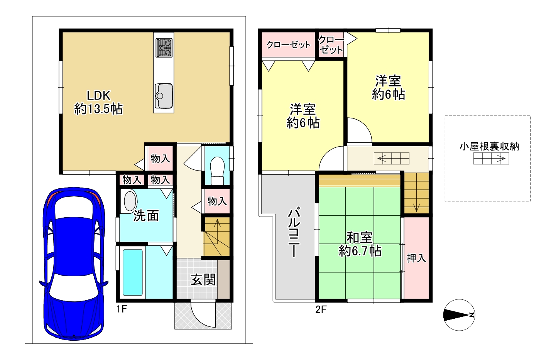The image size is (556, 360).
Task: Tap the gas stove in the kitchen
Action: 164,48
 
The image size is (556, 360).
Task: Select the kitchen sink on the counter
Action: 164,96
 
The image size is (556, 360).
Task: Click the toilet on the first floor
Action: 217,171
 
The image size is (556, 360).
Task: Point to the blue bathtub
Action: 133,272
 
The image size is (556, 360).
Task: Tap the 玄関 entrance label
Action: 203,280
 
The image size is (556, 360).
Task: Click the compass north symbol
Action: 459,315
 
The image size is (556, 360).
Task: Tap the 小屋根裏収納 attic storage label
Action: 489,147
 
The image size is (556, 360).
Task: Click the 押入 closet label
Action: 416,259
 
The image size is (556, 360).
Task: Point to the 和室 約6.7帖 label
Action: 360,244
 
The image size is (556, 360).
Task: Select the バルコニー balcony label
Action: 294,232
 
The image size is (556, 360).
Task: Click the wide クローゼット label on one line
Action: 289,45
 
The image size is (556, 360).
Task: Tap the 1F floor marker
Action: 122,309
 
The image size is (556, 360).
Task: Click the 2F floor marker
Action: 321,309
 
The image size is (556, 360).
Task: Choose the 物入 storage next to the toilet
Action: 217,201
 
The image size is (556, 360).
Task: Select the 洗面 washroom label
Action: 146,216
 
